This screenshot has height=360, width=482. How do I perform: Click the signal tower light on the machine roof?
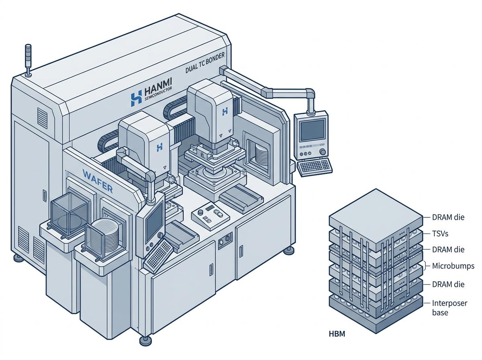point(29,60)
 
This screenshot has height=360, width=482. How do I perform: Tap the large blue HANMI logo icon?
point(136,99)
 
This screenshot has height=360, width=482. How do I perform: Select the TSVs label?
point(440,233)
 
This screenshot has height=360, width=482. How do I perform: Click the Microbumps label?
point(453,266)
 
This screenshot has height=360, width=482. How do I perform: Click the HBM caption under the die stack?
point(337,334)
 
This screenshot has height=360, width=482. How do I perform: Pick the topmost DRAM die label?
point(448,217)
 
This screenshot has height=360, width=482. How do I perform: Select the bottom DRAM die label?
point(448,284)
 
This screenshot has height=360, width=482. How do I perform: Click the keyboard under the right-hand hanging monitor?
point(315,166)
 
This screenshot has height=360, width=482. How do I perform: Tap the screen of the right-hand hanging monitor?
point(312,130)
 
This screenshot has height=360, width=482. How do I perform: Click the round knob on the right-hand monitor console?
point(323,152)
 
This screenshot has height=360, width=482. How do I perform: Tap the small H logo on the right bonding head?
point(225,112)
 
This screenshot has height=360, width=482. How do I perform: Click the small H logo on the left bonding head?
point(159,147)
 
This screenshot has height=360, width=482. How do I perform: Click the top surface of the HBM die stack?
point(376,219)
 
